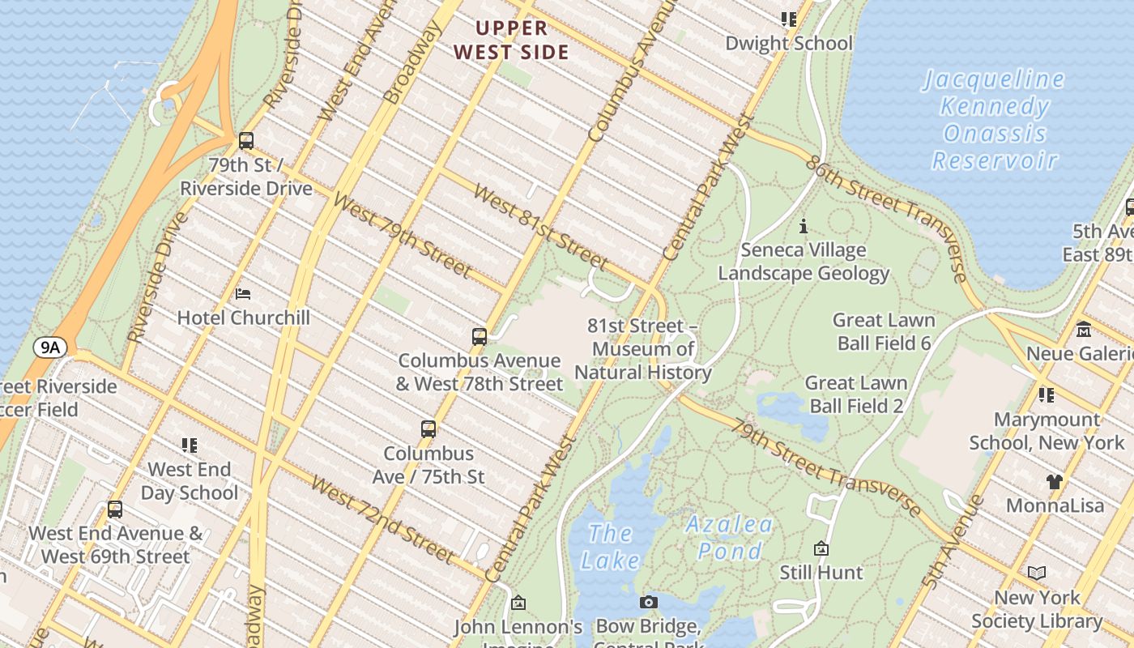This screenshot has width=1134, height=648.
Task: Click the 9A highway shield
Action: [x=50, y=347]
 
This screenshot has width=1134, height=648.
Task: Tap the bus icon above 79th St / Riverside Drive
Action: [x=246, y=141]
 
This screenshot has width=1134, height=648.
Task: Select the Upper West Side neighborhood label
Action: [x=511, y=40]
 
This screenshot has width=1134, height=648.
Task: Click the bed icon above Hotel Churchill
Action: [x=242, y=294]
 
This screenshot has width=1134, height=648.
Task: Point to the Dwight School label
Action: [x=789, y=43]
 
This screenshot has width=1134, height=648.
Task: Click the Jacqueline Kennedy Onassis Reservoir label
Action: [x=995, y=120]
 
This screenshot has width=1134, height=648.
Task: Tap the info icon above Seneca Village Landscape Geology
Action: [x=804, y=226]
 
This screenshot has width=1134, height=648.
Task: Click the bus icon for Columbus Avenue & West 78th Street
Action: [x=480, y=336]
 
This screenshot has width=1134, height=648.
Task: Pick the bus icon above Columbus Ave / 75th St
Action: [x=428, y=429]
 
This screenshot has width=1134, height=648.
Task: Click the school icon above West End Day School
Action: [x=190, y=446]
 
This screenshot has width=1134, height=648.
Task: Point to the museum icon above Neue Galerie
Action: [x=1084, y=330]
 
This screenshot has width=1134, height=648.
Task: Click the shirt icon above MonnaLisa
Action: [x=1054, y=482]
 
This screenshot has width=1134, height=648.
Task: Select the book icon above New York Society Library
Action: [x=1037, y=573]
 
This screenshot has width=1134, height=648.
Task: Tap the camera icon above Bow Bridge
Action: [x=648, y=602]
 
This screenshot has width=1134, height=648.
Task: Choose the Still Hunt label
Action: [x=821, y=573]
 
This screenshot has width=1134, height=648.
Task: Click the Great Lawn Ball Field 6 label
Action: [x=884, y=331]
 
